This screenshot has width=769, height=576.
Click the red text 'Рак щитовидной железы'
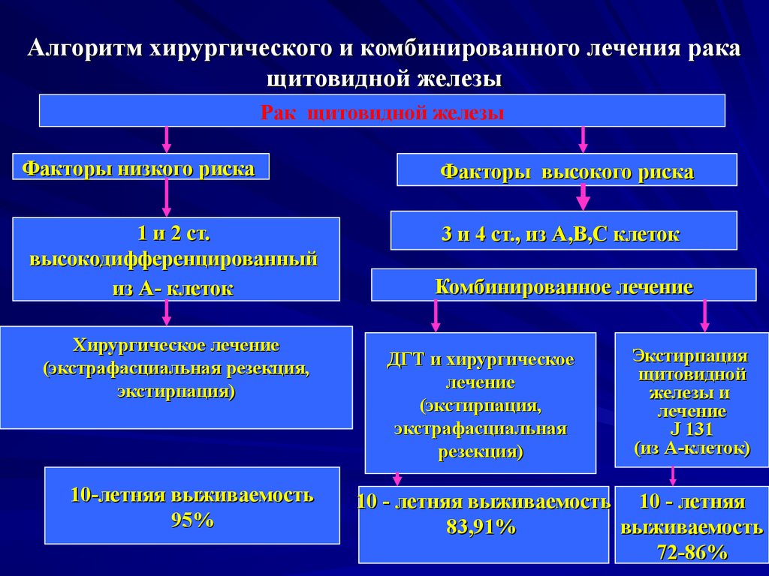pos(382,112)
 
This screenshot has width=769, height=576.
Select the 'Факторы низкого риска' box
pos(140,167)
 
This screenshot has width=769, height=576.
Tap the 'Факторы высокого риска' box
pos(566,172)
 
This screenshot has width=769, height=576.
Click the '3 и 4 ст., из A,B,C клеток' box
pos(563,234)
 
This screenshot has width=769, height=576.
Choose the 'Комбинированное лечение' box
pos(563,286)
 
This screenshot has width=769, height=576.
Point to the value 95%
pos(192,520)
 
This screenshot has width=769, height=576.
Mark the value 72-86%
pos(692,553)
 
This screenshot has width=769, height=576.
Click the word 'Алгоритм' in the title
pos(85,50)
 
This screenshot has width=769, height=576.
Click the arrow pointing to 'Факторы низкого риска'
pos(167,139)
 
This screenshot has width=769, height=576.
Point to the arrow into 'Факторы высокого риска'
pos(584,139)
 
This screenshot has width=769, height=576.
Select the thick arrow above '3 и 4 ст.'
pos(584,198)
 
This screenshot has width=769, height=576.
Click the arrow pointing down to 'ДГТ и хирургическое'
pos(436,316)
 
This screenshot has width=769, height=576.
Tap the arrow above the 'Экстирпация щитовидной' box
pos(704,316)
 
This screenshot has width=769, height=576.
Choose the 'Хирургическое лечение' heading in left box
pos(176,345)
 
